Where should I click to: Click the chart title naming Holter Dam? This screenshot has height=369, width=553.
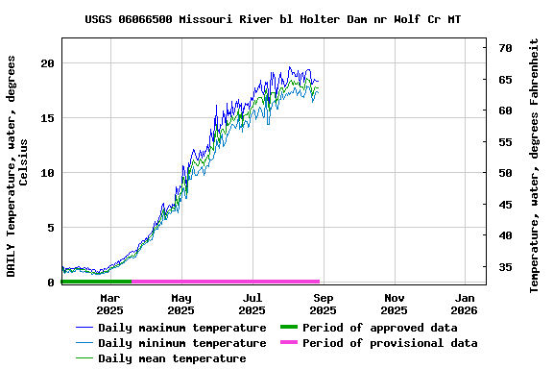click(x=273, y=19)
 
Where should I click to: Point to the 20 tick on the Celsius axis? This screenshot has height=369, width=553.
click(x=47, y=63)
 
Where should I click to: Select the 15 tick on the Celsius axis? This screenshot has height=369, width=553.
click(x=47, y=118)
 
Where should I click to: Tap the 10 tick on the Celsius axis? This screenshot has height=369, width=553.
click(x=47, y=173)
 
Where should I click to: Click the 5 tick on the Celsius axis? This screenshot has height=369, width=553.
click(x=51, y=229)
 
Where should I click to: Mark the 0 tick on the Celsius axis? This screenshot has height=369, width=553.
click(x=51, y=283)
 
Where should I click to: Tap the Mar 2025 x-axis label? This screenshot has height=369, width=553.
click(x=109, y=304)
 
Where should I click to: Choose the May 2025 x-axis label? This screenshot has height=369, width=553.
click(x=180, y=304)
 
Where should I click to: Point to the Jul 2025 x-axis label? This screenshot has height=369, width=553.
click(x=252, y=304)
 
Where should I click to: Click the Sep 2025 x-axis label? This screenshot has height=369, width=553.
click(x=323, y=304)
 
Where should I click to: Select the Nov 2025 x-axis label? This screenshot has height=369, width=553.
click(x=394, y=304)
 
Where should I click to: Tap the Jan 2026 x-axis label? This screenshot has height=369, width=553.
click(x=465, y=304)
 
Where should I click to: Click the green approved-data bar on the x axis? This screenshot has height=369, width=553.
click(x=96, y=282)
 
